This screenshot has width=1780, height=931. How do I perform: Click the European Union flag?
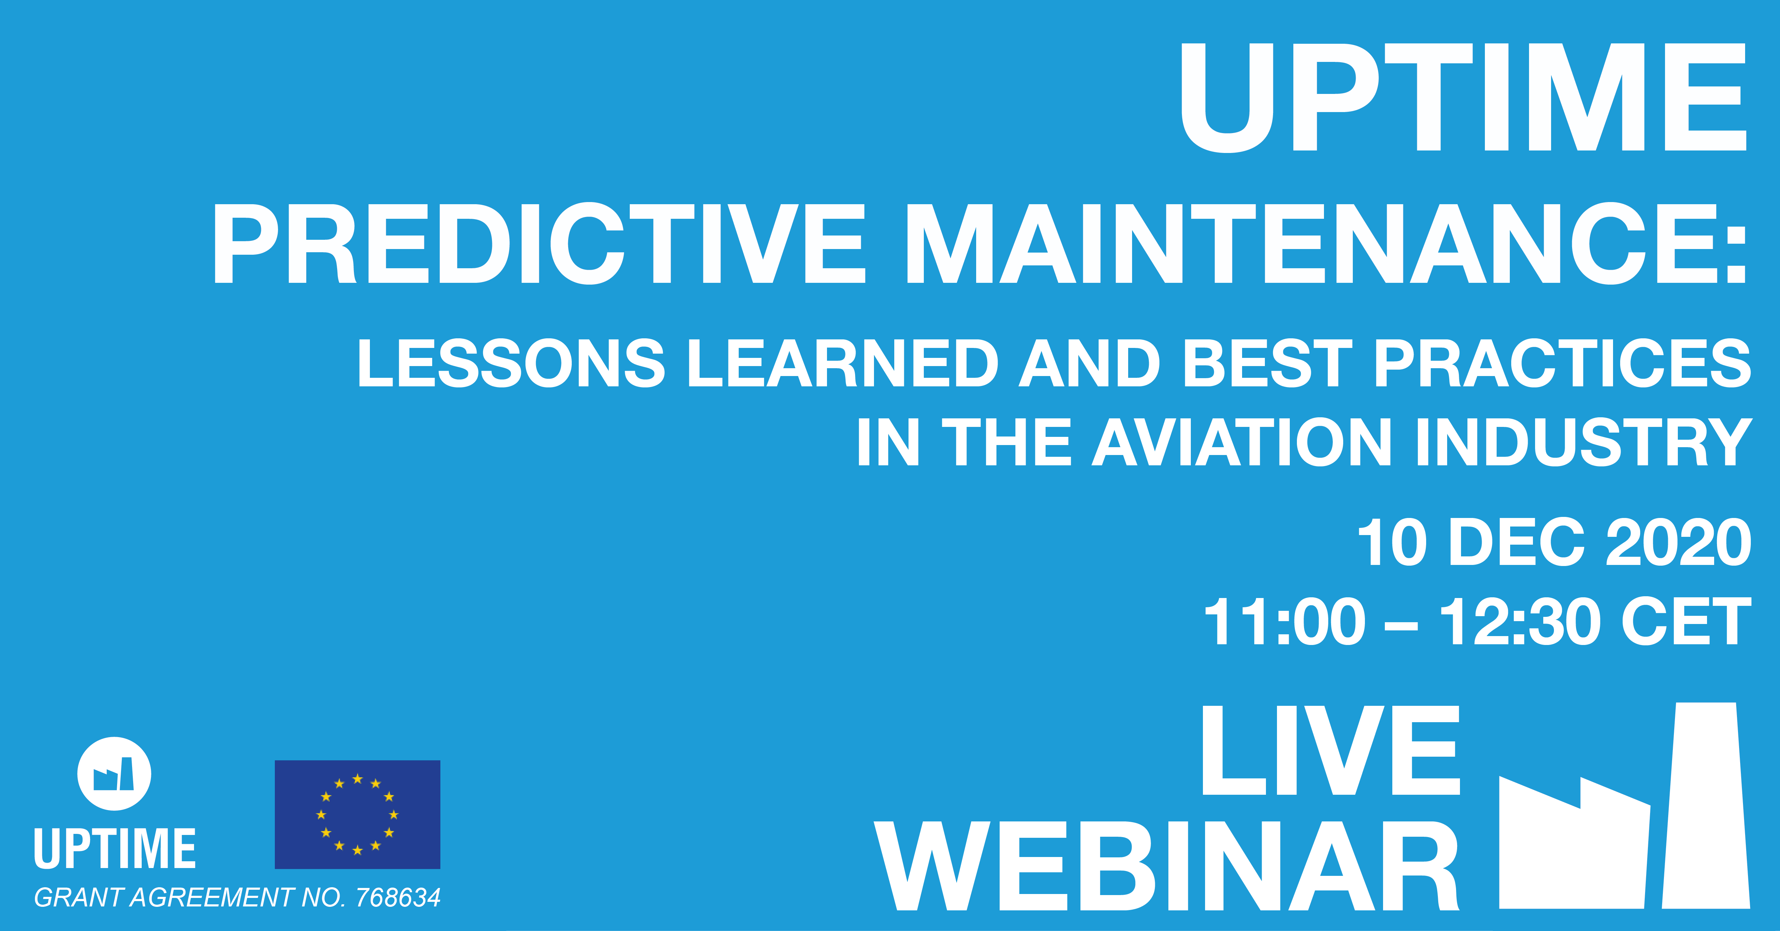(357, 814)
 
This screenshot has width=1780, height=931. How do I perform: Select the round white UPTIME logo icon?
(114, 773)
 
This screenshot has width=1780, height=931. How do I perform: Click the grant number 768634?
(398, 897)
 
